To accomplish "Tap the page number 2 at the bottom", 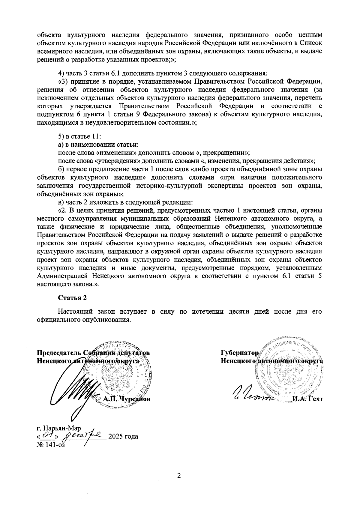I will click(x=179, y=476).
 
